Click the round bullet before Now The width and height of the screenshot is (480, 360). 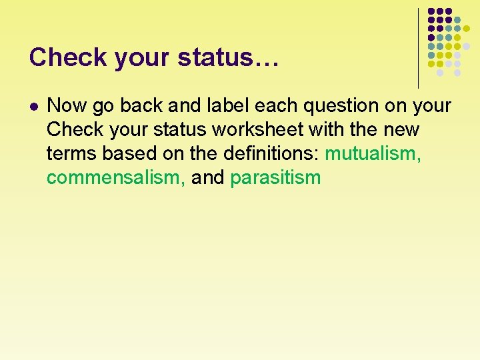coord(34,106)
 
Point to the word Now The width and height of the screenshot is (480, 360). coord(65,106)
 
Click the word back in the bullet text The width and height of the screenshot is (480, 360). coord(139,106)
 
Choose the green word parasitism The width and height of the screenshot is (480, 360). coord(275,178)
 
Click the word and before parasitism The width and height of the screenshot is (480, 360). coord(208,178)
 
